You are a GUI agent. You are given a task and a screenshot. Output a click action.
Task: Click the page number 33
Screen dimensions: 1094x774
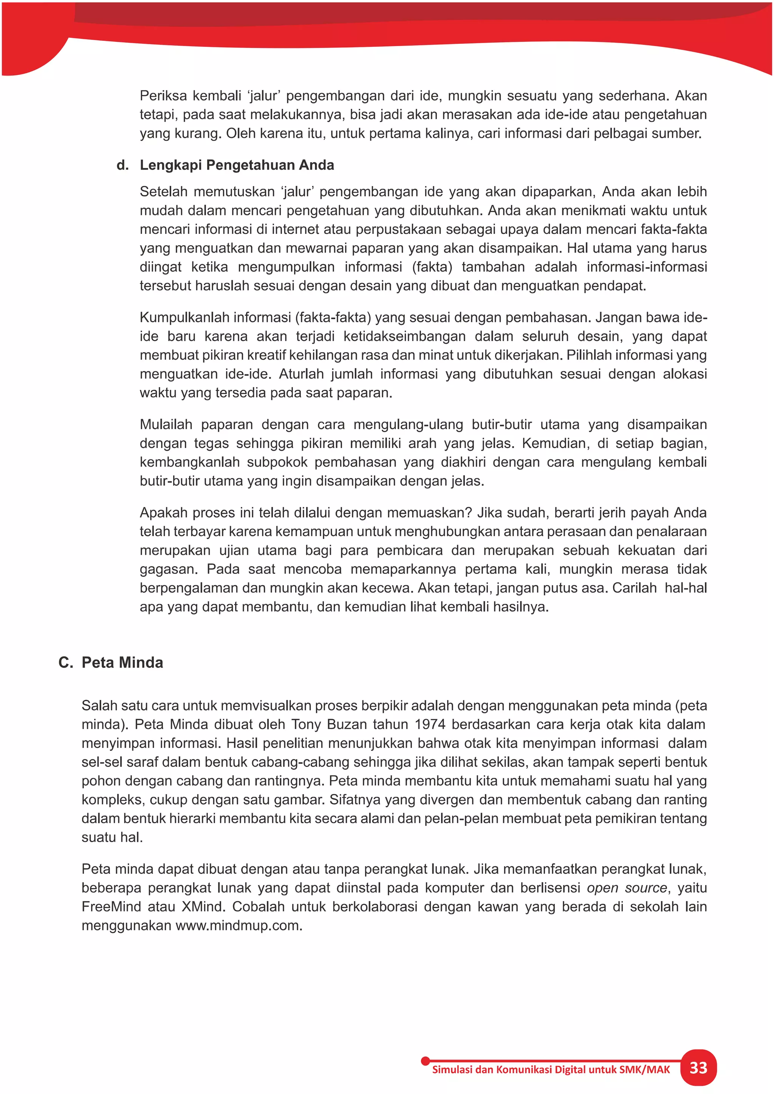point(698,1068)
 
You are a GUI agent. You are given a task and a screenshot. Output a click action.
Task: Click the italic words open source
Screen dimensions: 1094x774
point(626,888)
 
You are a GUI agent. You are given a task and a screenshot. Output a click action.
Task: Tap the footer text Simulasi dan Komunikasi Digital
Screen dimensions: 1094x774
point(509,1070)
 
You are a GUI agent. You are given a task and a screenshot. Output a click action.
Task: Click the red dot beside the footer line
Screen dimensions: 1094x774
point(425,1061)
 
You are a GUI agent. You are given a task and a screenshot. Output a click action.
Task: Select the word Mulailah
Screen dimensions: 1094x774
point(166,425)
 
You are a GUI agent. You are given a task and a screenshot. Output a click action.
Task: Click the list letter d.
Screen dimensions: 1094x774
point(122,165)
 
